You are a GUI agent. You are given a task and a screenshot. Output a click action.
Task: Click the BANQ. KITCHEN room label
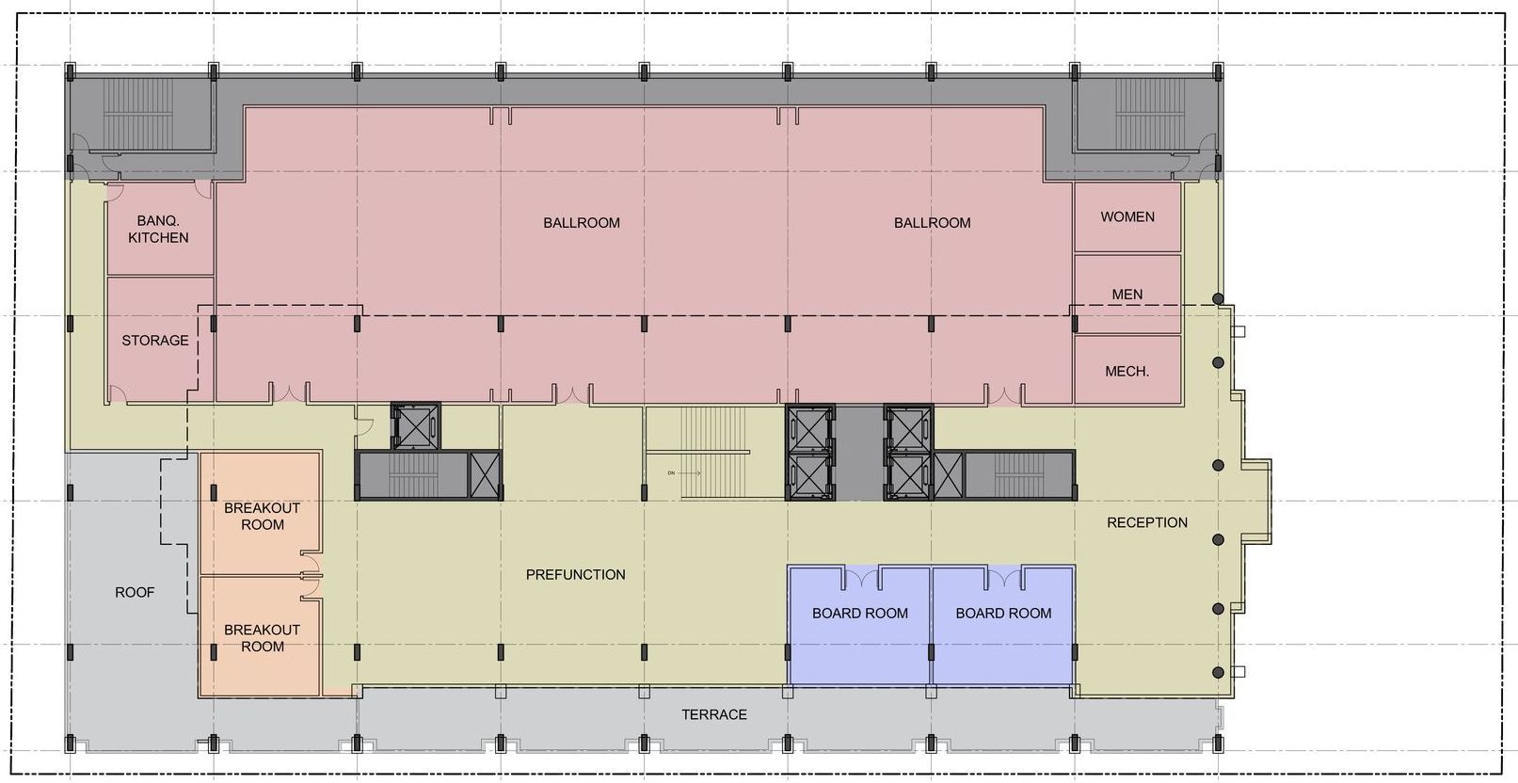tap(158, 229)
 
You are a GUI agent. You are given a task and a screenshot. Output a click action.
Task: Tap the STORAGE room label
tap(155, 340)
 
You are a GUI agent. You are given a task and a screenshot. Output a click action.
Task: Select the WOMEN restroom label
tap(1127, 216)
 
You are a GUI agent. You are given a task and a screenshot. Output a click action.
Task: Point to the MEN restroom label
tap(1127, 294)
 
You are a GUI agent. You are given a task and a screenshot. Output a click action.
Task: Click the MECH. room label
tap(1127, 371)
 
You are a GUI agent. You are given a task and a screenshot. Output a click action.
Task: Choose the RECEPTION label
tap(1147, 522)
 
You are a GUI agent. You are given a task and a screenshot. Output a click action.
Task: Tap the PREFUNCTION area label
tap(575, 574)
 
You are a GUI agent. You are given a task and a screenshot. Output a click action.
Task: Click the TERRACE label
tap(714, 714)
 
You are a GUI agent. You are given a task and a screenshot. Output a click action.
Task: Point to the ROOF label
tap(135, 592)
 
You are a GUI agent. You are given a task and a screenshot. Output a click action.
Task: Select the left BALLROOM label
tap(582, 223)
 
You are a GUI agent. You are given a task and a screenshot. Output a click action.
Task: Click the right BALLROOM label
tap(932, 223)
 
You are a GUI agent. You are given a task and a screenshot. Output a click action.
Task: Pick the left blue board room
tap(859, 626)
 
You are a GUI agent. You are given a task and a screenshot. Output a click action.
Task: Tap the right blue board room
tap(1003, 626)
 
